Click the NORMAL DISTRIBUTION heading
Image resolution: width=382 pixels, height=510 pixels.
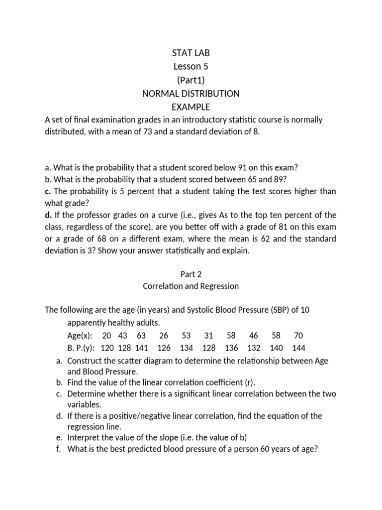pyautogui.click(x=191, y=93)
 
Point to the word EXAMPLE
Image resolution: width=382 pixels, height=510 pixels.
pyautogui.click(x=191, y=107)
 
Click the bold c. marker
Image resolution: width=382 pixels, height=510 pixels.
pyautogui.click(x=48, y=191)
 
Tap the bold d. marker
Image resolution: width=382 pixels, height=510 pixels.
pyautogui.click(x=48, y=215)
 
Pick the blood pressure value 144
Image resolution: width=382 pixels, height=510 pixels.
pyautogui.click(x=299, y=348)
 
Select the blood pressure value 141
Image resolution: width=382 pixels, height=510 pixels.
pyautogui.click(x=142, y=348)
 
